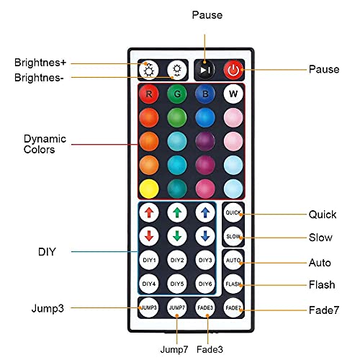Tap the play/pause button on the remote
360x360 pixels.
pyautogui.click(x=204, y=71)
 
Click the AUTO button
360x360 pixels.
pyautogui.click(x=233, y=261)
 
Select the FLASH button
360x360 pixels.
pyautogui.click(x=233, y=284)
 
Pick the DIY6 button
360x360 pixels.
pyautogui.click(x=204, y=284)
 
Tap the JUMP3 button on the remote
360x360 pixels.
pyautogui.click(x=148, y=307)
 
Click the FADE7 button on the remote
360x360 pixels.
pyautogui.click(x=233, y=307)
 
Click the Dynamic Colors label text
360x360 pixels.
pyautogui.click(x=45, y=144)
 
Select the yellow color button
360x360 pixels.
pyautogui.click(x=148, y=189)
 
